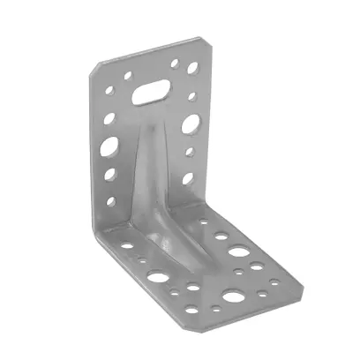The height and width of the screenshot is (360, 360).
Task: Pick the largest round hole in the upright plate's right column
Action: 189,125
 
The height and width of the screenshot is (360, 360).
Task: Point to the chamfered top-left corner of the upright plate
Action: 95,64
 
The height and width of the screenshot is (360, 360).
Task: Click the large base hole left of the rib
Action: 159,276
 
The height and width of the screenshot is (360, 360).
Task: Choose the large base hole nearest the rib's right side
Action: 237,251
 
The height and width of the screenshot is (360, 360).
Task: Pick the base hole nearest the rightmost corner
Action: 274,283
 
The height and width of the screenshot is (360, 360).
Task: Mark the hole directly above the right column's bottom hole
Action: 190,151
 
